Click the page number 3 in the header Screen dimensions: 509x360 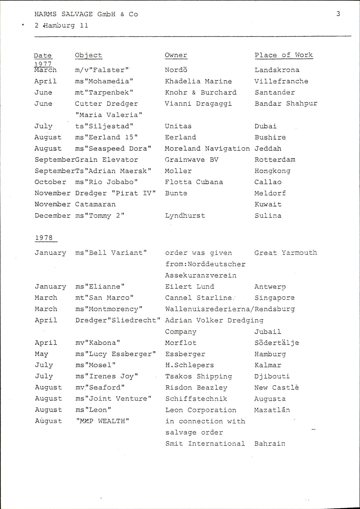tap(338, 14)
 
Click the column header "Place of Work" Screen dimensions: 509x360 tap(284, 55)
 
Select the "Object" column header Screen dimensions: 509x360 tap(88, 55)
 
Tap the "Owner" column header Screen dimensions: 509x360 tap(176, 55)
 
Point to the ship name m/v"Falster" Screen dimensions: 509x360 tap(102, 70)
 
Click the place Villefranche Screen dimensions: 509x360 tap(281, 81)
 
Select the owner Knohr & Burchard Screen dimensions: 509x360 tap(201, 92)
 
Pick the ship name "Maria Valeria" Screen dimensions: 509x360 tap(109, 115)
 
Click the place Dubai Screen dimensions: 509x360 tap(265, 126)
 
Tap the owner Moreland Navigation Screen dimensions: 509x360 tap(207, 148)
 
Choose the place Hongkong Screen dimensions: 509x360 tap(272, 171)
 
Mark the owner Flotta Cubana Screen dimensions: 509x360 tap(194, 182)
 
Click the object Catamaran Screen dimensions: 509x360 tap(95, 204)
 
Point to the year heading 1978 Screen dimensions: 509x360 tap(44, 238)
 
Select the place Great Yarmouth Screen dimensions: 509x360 tap(286, 253)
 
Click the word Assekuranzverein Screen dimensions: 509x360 tap(201, 275)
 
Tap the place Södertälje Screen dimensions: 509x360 tap(277, 343)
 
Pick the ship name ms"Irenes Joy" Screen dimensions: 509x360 tap(107, 376)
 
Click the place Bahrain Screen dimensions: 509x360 tap(270, 443)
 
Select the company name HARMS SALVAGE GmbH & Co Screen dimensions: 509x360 tap(86, 14)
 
